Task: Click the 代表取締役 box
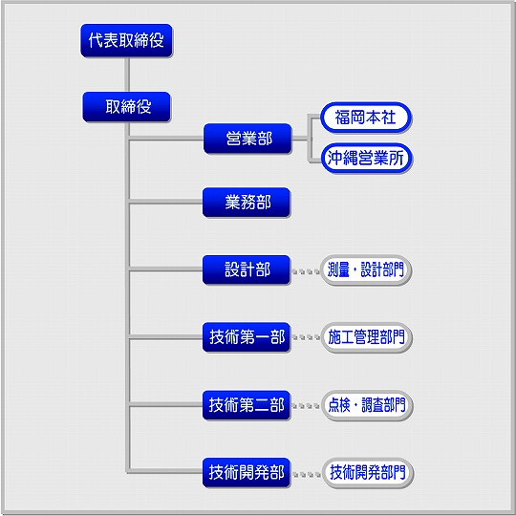[x=127, y=40]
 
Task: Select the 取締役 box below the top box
[x=127, y=107]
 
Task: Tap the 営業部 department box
[x=247, y=139]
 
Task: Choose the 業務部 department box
[x=247, y=203]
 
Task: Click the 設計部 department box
[x=247, y=269]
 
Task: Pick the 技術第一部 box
[x=247, y=337]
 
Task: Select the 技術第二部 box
[x=247, y=405]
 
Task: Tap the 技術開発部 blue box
[x=247, y=473]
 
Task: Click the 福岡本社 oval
[x=366, y=118]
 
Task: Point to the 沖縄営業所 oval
[x=367, y=158]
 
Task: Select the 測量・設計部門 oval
[x=366, y=270]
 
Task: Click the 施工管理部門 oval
[x=366, y=337]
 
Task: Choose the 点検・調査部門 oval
[x=367, y=405]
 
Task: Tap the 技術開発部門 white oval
[x=368, y=473]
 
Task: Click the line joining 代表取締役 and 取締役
[x=127, y=75]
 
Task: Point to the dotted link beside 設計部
[x=306, y=271]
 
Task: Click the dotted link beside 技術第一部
[x=306, y=337]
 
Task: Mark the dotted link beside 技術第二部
[x=306, y=406]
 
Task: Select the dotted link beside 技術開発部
[x=307, y=475]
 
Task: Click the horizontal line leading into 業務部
[x=166, y=201]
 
